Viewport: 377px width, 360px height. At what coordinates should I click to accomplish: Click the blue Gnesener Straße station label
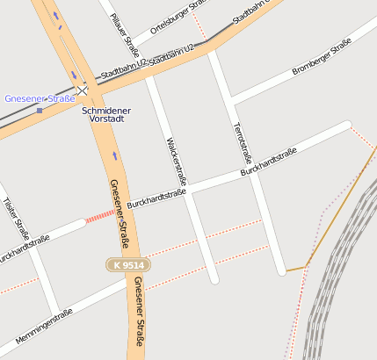pyautogui.click(x=40, y=98)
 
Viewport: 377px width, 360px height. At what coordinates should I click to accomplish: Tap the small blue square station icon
pyautogui.click(x=40, y=111)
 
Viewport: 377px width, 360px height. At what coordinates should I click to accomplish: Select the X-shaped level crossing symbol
pyautogui.click(x=83, y=90)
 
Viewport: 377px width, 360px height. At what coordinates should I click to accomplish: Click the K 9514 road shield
pyautogui.click(x=127, y=264)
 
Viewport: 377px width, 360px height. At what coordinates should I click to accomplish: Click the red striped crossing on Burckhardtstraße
pyautogui.click(x=100, y=215)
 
